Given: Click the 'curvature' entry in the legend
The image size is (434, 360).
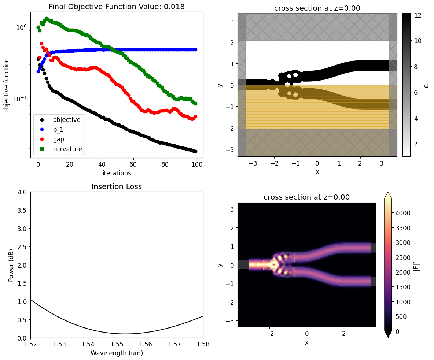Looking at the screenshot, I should pyautogui.click(x=67, y=149).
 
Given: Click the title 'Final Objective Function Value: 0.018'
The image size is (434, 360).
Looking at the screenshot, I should pyautogui.click(x=117, y=7).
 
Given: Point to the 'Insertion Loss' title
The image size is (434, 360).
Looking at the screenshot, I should pyautogui.click(x=117, y=186).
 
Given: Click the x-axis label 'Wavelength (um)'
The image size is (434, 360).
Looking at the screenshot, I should pyautogui.click(x=117, y=353).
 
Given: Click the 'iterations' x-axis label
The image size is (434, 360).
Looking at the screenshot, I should pyautogui.click(x=117, y=173).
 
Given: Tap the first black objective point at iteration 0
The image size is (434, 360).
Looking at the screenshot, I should pyautogui.click(x=38, y=59).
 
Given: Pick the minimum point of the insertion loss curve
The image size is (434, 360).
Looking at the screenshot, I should pyautogui.click(x=125, y=334).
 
